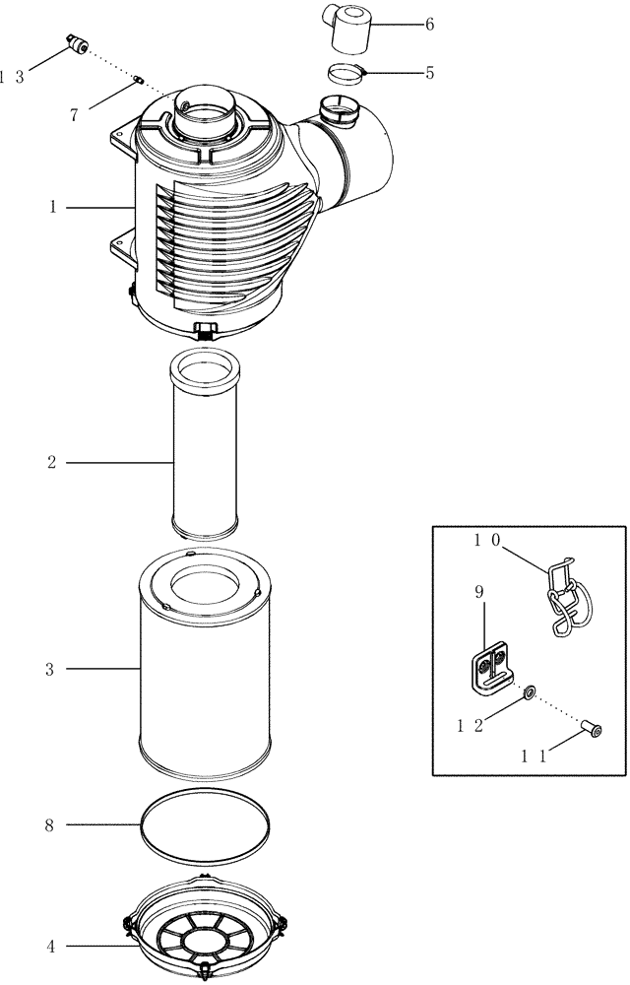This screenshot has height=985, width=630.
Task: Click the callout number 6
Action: pyautogui.click(x=428, y=24)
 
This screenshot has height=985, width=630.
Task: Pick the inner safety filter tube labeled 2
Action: pyautogui.click(x=205, y=448)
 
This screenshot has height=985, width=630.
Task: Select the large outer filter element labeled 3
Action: pyautogui.click(x=205, y=670)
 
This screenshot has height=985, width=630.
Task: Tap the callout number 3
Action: pyautogui.click(x=49, y=670)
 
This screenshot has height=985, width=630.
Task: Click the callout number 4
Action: pyautogui.click(x=49, y=948)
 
